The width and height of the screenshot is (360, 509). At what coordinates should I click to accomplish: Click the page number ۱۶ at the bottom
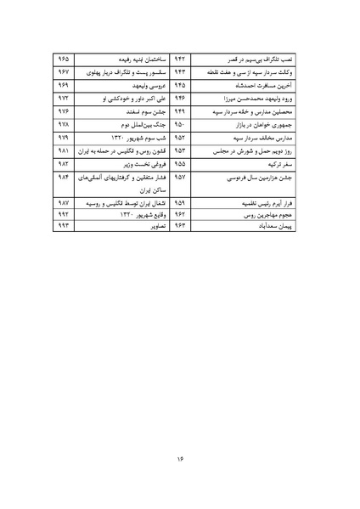pyautogui.click(x=180, y=460)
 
